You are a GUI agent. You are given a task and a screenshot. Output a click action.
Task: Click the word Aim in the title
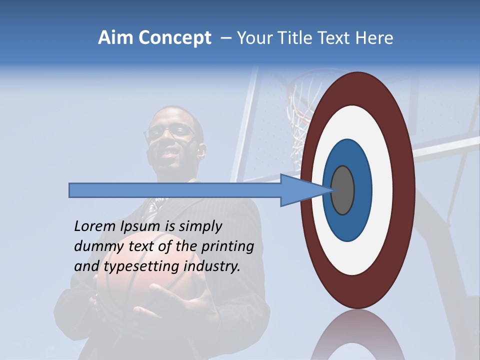tap(116, 38)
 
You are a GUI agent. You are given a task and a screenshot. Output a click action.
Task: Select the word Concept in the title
tap(174, 38)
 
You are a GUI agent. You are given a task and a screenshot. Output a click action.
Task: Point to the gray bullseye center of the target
tap(342, 190)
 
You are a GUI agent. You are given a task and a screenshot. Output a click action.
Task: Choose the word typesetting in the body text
tap(141, 266)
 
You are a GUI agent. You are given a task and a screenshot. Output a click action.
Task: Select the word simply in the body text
tap(200, 226)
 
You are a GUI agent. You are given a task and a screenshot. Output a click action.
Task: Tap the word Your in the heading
tap(252, 38)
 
